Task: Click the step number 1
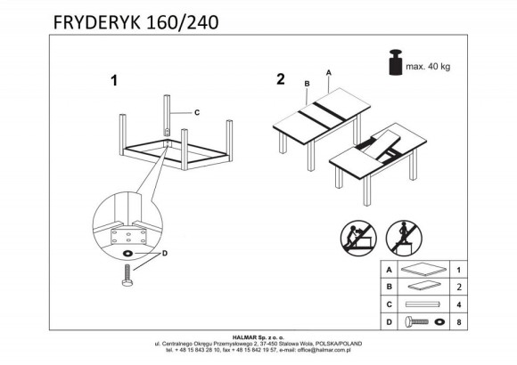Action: pos(113,81)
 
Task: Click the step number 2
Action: pos(281,79)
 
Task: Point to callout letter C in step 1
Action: pos(196,112)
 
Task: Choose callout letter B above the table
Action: pos(306,85)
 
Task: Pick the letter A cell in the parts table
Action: pos(388,268)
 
